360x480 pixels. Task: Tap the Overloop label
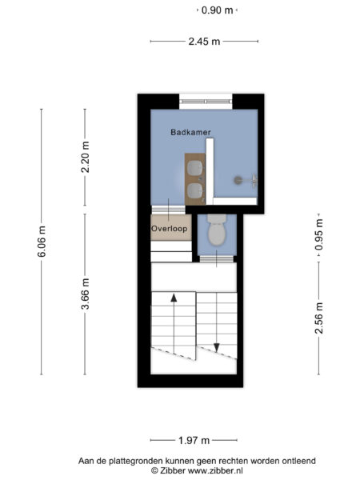coord(169,229)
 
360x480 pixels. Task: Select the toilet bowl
coord(216,234)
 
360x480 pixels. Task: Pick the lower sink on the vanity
coord(194,190)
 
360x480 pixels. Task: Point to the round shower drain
coord(237,181)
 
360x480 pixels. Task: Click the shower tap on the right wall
coord(254,180)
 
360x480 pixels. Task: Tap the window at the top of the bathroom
coord(205,102)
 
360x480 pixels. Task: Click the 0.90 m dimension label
coord(218,10)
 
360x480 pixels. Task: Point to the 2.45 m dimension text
coord(204,42)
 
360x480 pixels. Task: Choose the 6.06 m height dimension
coord(42,241)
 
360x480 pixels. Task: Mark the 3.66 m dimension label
coord(86,293)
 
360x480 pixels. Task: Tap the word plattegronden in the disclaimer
coord(139,461)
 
